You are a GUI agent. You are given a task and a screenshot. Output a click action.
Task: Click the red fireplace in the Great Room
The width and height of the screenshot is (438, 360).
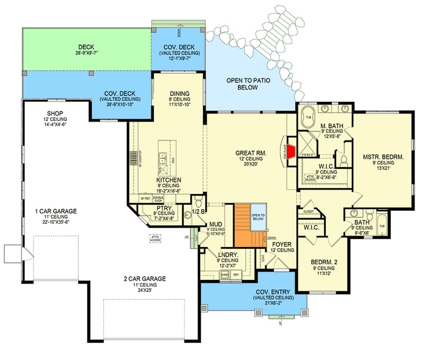(292, 150)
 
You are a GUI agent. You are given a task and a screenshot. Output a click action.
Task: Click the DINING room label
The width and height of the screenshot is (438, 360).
(179, 93)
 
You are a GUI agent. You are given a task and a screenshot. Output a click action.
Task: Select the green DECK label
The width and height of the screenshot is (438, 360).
(87, 47)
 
